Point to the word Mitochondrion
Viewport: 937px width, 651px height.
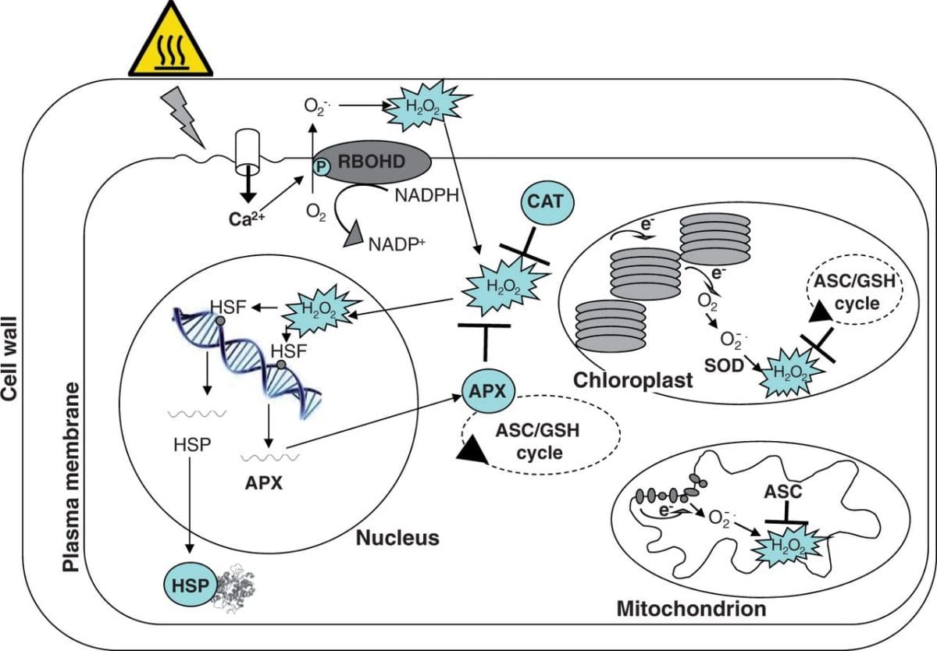[691, 607]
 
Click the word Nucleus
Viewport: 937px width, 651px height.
[397, 538]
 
